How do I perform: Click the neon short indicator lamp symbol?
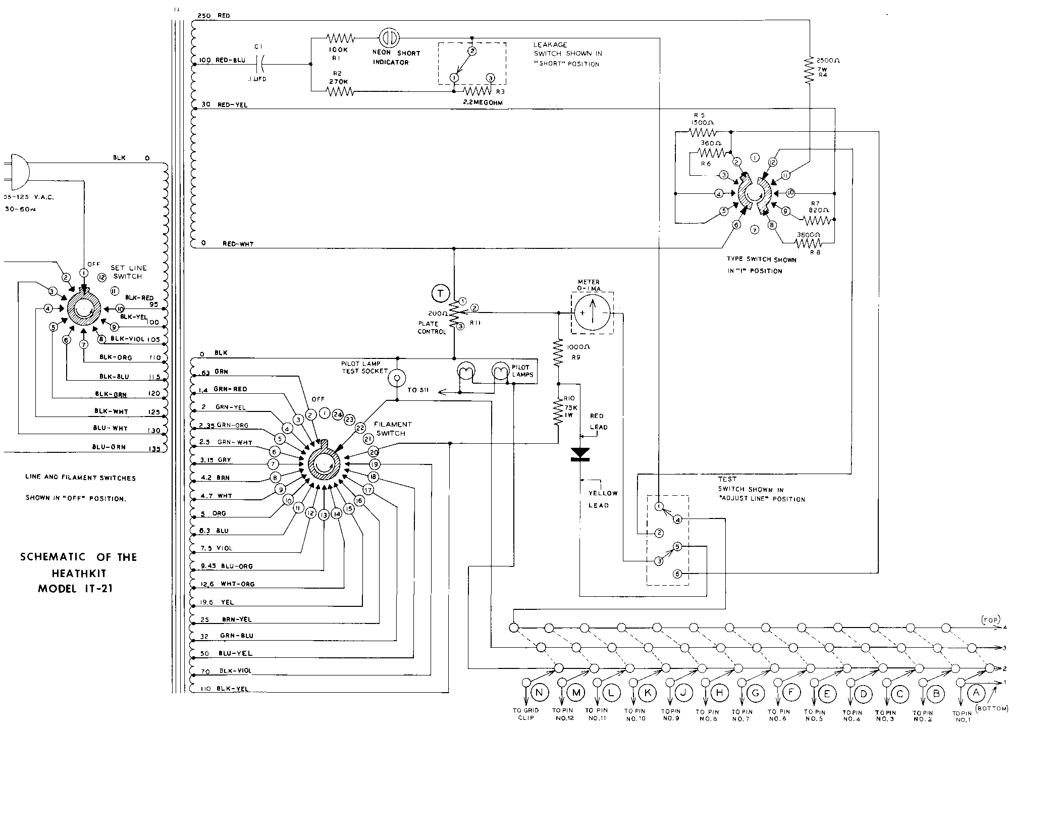click(389, 38)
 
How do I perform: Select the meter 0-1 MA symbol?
click(593, 313)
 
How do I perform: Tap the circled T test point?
click(440, 293)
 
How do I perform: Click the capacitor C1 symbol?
click(260, 64)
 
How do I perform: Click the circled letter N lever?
click(540, 692)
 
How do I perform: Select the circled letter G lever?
click(756, 693)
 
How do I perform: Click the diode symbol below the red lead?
click(580, 454)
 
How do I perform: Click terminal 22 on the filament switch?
click(360, 428)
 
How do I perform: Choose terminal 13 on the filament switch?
click(324, 514)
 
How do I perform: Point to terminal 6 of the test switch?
click(678, 574)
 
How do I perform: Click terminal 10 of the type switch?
click(791, 193)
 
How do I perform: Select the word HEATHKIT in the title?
click(78, 573)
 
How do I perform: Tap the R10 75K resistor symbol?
click(558, 412)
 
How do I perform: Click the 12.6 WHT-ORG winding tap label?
click(227, 584)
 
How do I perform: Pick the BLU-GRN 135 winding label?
click(126, 447)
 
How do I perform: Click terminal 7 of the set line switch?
click(84, 344)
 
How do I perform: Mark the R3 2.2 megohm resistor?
click(477, 91)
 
